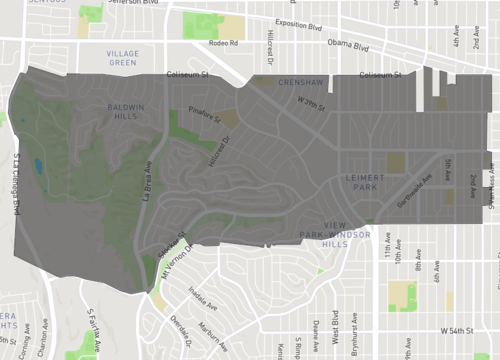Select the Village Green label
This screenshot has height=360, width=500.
coord(121,57)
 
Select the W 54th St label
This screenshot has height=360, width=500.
coord(461,329)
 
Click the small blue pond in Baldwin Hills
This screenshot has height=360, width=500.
coord(38,166)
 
